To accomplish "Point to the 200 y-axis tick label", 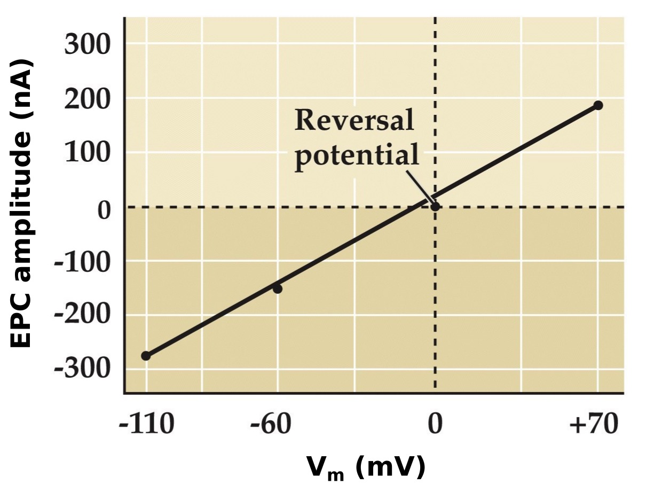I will pos(87,99).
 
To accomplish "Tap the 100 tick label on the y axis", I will pos(87,153).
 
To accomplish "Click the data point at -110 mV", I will pos(146,356).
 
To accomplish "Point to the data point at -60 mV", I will pos(278,288).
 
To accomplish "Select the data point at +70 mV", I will pos(598,105).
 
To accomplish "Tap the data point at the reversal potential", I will pos(435,207).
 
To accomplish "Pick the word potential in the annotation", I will pos(357,157).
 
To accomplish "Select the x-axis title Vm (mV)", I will pos(366,467).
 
